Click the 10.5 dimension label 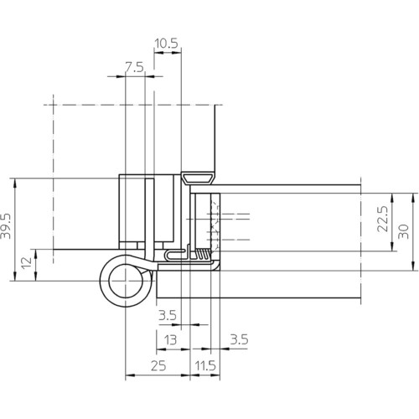click(166, 44)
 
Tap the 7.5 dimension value click(134, 68)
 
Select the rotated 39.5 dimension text click(6, 226)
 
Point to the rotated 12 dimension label click(27, 263)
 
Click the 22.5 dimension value click(382, 219)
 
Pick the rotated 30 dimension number click(403, 231)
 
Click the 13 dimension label click(170, 340)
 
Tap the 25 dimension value click(158, 365)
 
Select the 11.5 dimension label click(205, 365)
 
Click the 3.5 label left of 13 click(168, 316)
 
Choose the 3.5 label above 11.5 click(239, 339)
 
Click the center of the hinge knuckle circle click(126, 281)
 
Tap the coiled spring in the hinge click(204, 254)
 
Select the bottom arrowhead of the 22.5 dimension click(392, 246)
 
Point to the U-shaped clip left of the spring click(176, 255)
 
